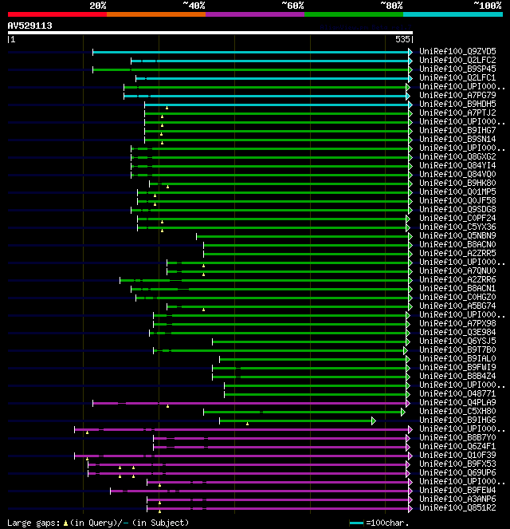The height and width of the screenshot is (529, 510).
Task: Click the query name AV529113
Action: coord(30,26)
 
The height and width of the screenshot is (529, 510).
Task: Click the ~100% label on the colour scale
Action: coord(487,5)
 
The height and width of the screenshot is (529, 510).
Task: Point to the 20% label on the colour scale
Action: coord(98,5)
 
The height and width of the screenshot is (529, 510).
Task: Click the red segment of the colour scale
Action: coord(57,14)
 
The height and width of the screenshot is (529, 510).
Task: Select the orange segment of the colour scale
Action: coord(155,14)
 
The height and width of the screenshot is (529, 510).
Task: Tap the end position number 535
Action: coord(402,38)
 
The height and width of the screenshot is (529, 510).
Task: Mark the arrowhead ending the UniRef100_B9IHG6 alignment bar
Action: coord(373,420)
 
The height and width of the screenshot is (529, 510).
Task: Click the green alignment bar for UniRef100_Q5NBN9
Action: coord(303,235)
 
